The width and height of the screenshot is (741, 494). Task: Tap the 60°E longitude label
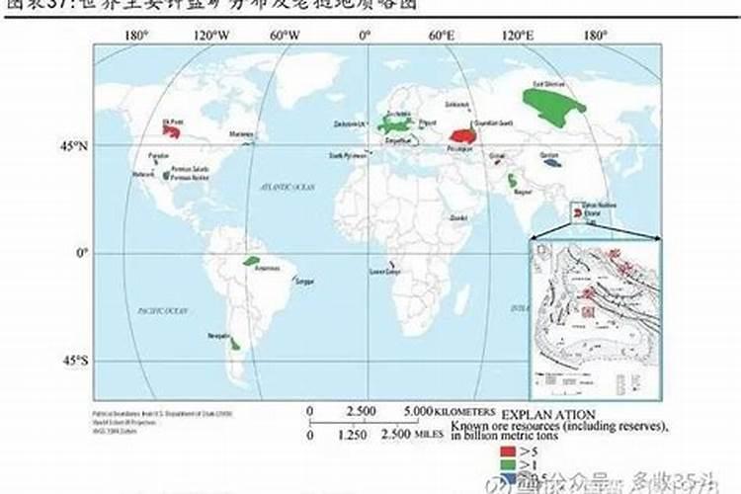442,36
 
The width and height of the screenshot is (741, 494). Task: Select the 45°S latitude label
76,362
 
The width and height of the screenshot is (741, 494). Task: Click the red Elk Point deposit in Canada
172,130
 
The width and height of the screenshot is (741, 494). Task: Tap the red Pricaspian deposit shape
462,136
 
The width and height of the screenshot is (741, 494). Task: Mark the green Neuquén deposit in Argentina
235,343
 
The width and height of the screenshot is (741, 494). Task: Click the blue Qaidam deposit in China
550,162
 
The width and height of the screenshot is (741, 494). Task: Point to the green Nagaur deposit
513,181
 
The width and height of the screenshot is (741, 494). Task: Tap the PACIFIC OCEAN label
163,310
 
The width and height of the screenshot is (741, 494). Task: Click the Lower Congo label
384,271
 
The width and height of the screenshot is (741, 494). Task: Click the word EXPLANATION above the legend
547,413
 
